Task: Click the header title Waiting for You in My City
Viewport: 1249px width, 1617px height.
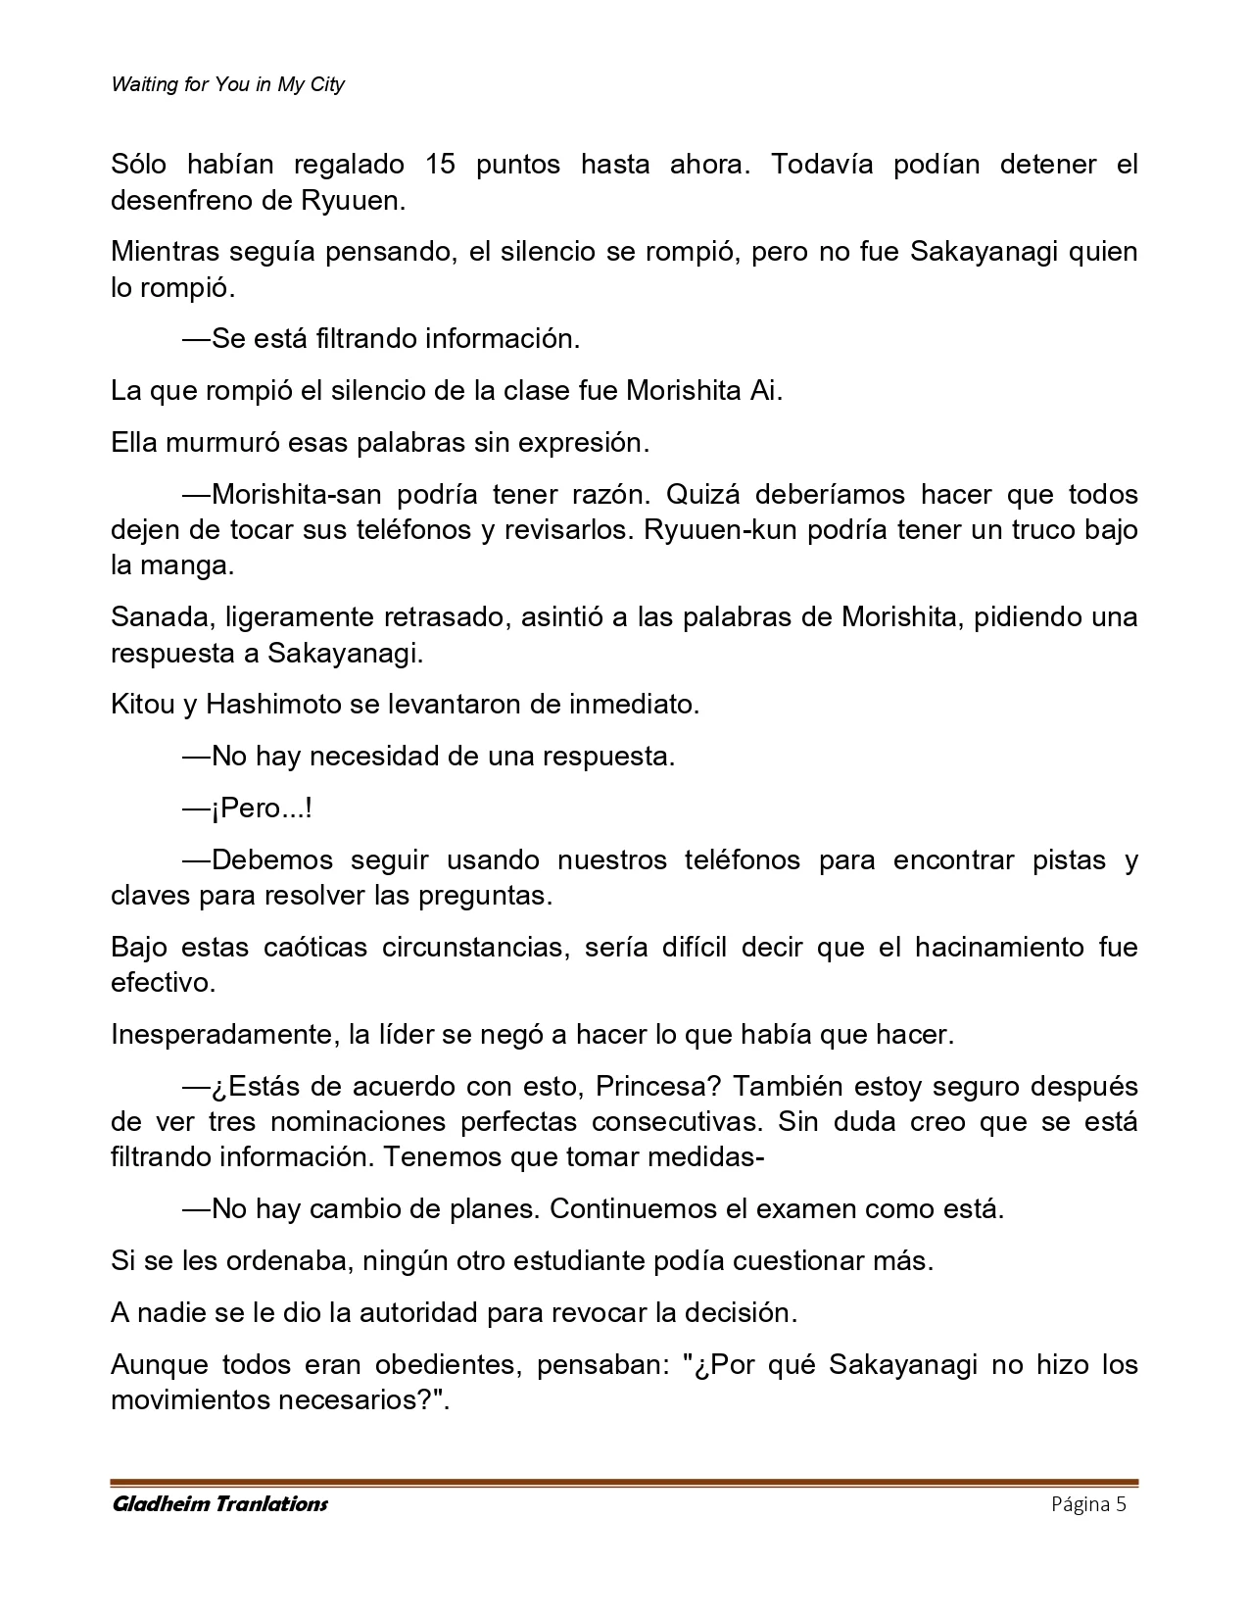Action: point(227,84)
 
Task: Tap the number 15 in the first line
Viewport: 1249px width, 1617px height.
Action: point(441,165)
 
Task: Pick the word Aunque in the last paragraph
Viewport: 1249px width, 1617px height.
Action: point(158,1365)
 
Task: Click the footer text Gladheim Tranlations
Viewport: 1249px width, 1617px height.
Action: point(220,1504)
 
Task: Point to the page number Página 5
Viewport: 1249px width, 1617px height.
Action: point(1088,1504)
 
